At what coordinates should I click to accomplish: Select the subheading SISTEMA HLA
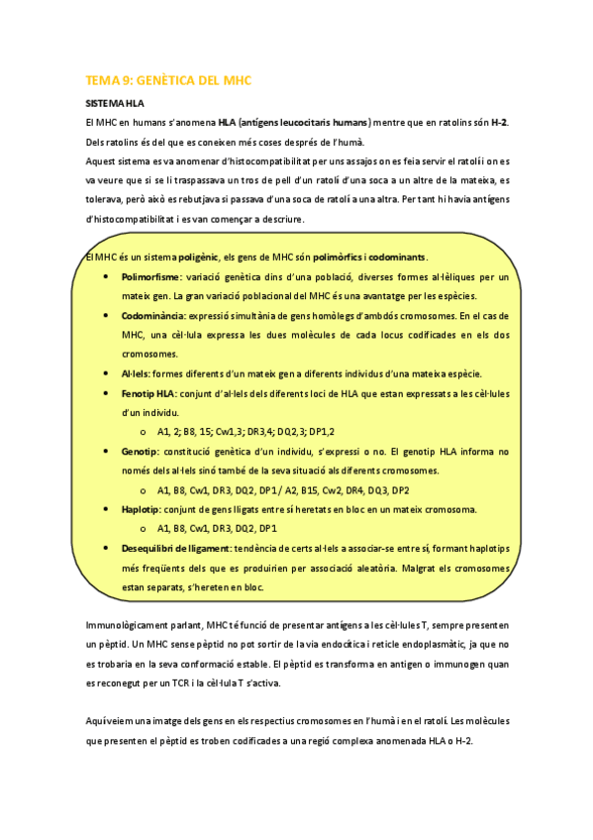pyautogui.click(x=114, y=103)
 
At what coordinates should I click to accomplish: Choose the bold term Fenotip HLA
pyautogui.click(x=151, y=393)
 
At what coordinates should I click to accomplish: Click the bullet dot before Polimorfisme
pyautogui.click(x=107, y=277)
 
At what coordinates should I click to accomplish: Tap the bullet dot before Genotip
pyautogui.click(x=107, y=451)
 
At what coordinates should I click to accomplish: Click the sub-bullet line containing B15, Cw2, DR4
pyautogui.click(x=283, y=490)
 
